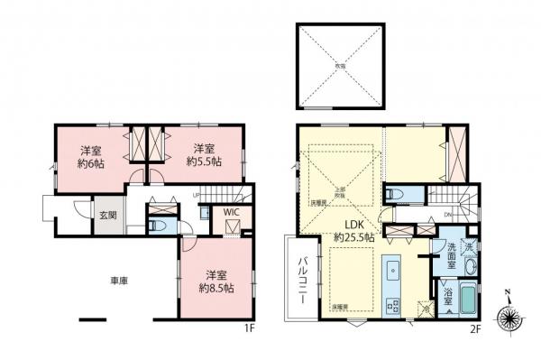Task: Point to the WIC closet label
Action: [232, 213]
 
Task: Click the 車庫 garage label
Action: [119, 281]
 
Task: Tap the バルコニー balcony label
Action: [305, 279]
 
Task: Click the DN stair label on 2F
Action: [449, 214]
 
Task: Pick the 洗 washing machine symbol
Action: [467, 246]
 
